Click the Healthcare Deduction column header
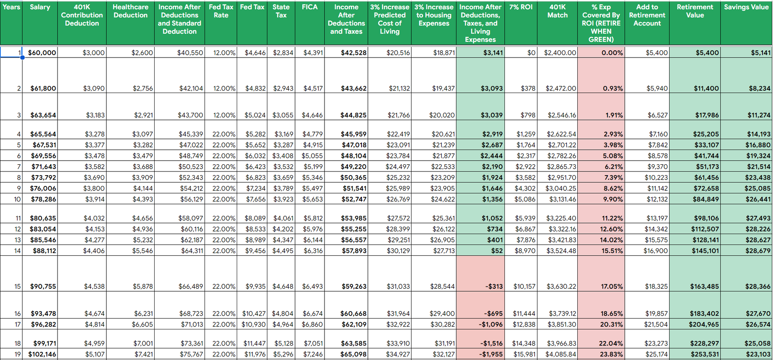[130, 11]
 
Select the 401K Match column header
[557, 11]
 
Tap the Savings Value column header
[746, 7]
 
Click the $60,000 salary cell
[42, 53]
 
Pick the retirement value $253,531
[705, 354]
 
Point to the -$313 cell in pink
[494, 286]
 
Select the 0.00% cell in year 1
[612, 53]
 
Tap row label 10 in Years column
[17, 199]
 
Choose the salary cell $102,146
[42, 354]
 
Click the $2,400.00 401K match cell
[560, 53]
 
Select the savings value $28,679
[758, 250]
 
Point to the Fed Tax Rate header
[221, 11]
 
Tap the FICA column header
[310, 7]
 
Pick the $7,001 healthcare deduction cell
[143, 343]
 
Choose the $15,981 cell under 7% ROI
[524, 354]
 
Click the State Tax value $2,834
[283, 53]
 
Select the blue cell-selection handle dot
[23, 58]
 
